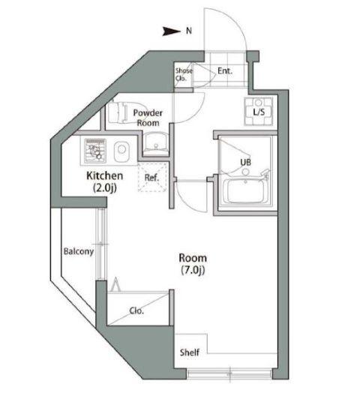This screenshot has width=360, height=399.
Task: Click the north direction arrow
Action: (172, 31)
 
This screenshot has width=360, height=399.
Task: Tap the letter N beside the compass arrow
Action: (189, 31)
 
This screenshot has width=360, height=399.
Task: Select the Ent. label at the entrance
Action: (224, 71)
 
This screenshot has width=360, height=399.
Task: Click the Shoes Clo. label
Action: (184, 73)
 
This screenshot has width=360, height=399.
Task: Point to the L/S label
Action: (259, 112)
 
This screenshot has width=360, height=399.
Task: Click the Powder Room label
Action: (148, 118)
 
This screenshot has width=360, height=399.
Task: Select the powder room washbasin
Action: (156, 140)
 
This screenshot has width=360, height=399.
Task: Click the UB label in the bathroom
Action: (245, 161)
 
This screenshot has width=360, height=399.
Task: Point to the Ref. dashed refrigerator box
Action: (151, 178)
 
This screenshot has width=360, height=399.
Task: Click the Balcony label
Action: (77, 252)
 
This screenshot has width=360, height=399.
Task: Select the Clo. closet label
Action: (136, 310)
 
